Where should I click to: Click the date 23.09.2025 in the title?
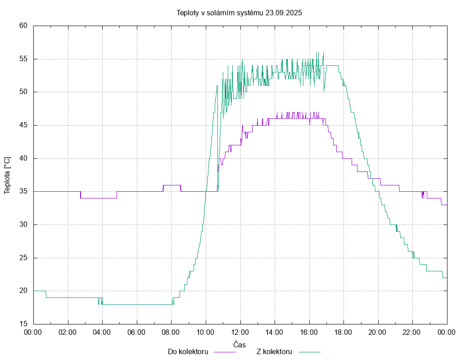tap(284, 13)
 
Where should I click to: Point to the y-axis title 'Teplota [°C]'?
tap(7, 175)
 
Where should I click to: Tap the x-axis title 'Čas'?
tap(240, 344)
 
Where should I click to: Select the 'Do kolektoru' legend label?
tap(188, 351)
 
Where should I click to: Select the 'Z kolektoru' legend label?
tap(275, 351)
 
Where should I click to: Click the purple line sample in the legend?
tap(224, 351)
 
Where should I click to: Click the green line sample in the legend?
tap(308, 351)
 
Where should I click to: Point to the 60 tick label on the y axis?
tap(24, 26)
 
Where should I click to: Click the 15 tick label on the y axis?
tap(24, 324)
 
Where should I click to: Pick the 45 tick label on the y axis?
tap(24, 125)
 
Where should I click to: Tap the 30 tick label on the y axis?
tap(24, 225)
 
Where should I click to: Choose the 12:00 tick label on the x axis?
tap(240, 332)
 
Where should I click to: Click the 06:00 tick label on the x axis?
tap(136, 332)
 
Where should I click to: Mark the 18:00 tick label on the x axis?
tap(343, 332)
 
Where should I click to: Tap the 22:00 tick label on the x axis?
tap(412, 332)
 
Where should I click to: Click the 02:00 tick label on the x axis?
tap(68, 332)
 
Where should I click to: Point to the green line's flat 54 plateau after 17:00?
tap(332, 65)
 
